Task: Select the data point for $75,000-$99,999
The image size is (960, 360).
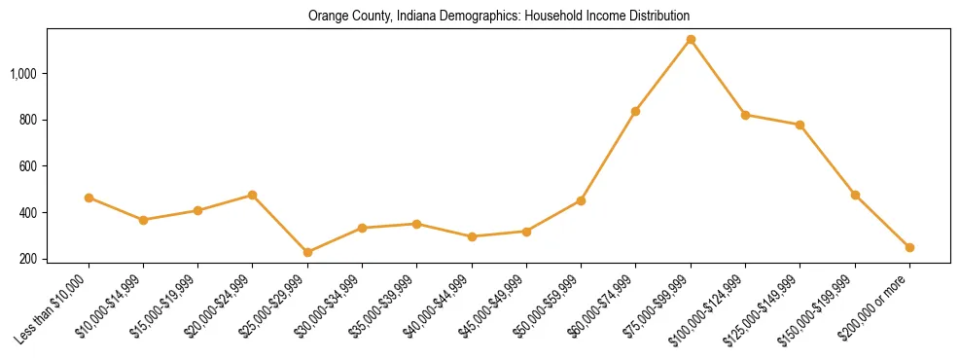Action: [691, 40]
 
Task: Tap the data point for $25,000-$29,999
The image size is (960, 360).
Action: [307, 252]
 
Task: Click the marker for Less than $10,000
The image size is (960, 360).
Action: [89, 198]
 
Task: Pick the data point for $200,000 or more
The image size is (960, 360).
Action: [909, 247]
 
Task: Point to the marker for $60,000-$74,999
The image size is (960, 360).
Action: [635, 111]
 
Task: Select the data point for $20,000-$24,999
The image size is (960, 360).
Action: [253, 195]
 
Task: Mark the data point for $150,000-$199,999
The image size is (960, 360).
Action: [855, 195]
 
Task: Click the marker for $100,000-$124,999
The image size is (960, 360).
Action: [745, 115]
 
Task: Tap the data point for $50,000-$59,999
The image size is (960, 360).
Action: [581, 200]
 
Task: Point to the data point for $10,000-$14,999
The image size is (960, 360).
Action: [143, 220]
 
